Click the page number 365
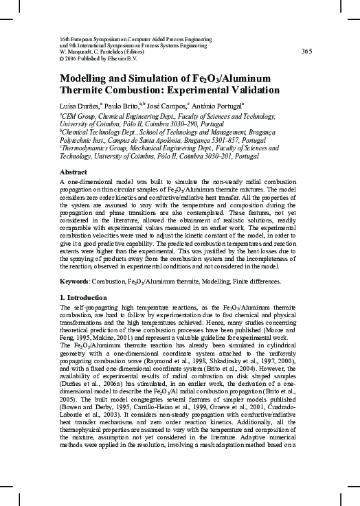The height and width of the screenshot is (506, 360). (307, 51)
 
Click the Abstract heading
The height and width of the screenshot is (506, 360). (74, 172)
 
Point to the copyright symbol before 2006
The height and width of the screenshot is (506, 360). (63, 58)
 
